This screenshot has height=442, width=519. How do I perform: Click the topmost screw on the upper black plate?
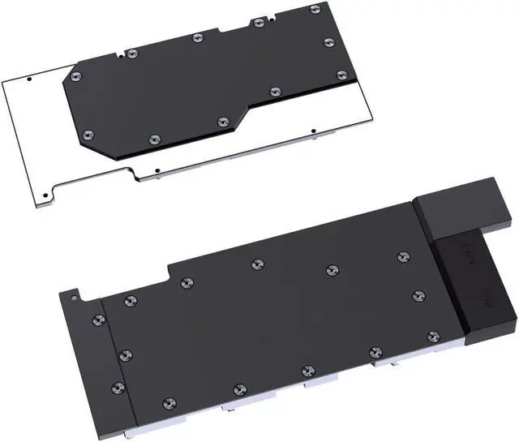click(315, 9)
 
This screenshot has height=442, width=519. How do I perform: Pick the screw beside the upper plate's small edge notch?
click(133, 54)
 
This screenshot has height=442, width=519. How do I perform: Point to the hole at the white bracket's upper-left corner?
click(29, 80)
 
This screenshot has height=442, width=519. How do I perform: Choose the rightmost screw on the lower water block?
click(433, 336)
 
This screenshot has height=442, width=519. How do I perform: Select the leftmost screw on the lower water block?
click(99, 320)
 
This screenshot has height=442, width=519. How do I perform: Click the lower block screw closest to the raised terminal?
click(403, 257)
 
